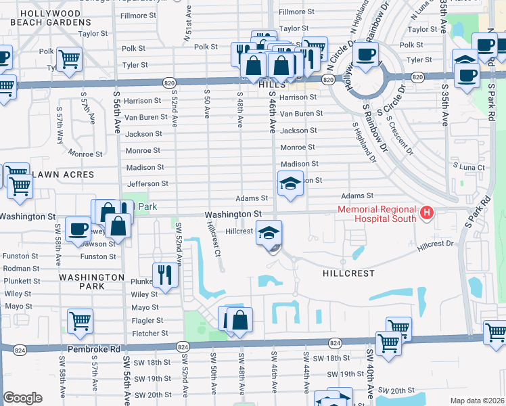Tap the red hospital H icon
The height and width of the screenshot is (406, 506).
coord(426,214)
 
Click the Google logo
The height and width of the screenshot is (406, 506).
coord(22,397)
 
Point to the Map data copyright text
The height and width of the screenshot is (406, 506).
coord(477,401)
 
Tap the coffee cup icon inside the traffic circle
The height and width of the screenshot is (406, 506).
coord(366,54)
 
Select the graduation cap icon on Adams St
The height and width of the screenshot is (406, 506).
coord(290,183)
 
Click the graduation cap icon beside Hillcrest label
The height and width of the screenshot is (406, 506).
coord(269,233)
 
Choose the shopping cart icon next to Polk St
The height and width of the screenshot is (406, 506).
coord(69,58)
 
